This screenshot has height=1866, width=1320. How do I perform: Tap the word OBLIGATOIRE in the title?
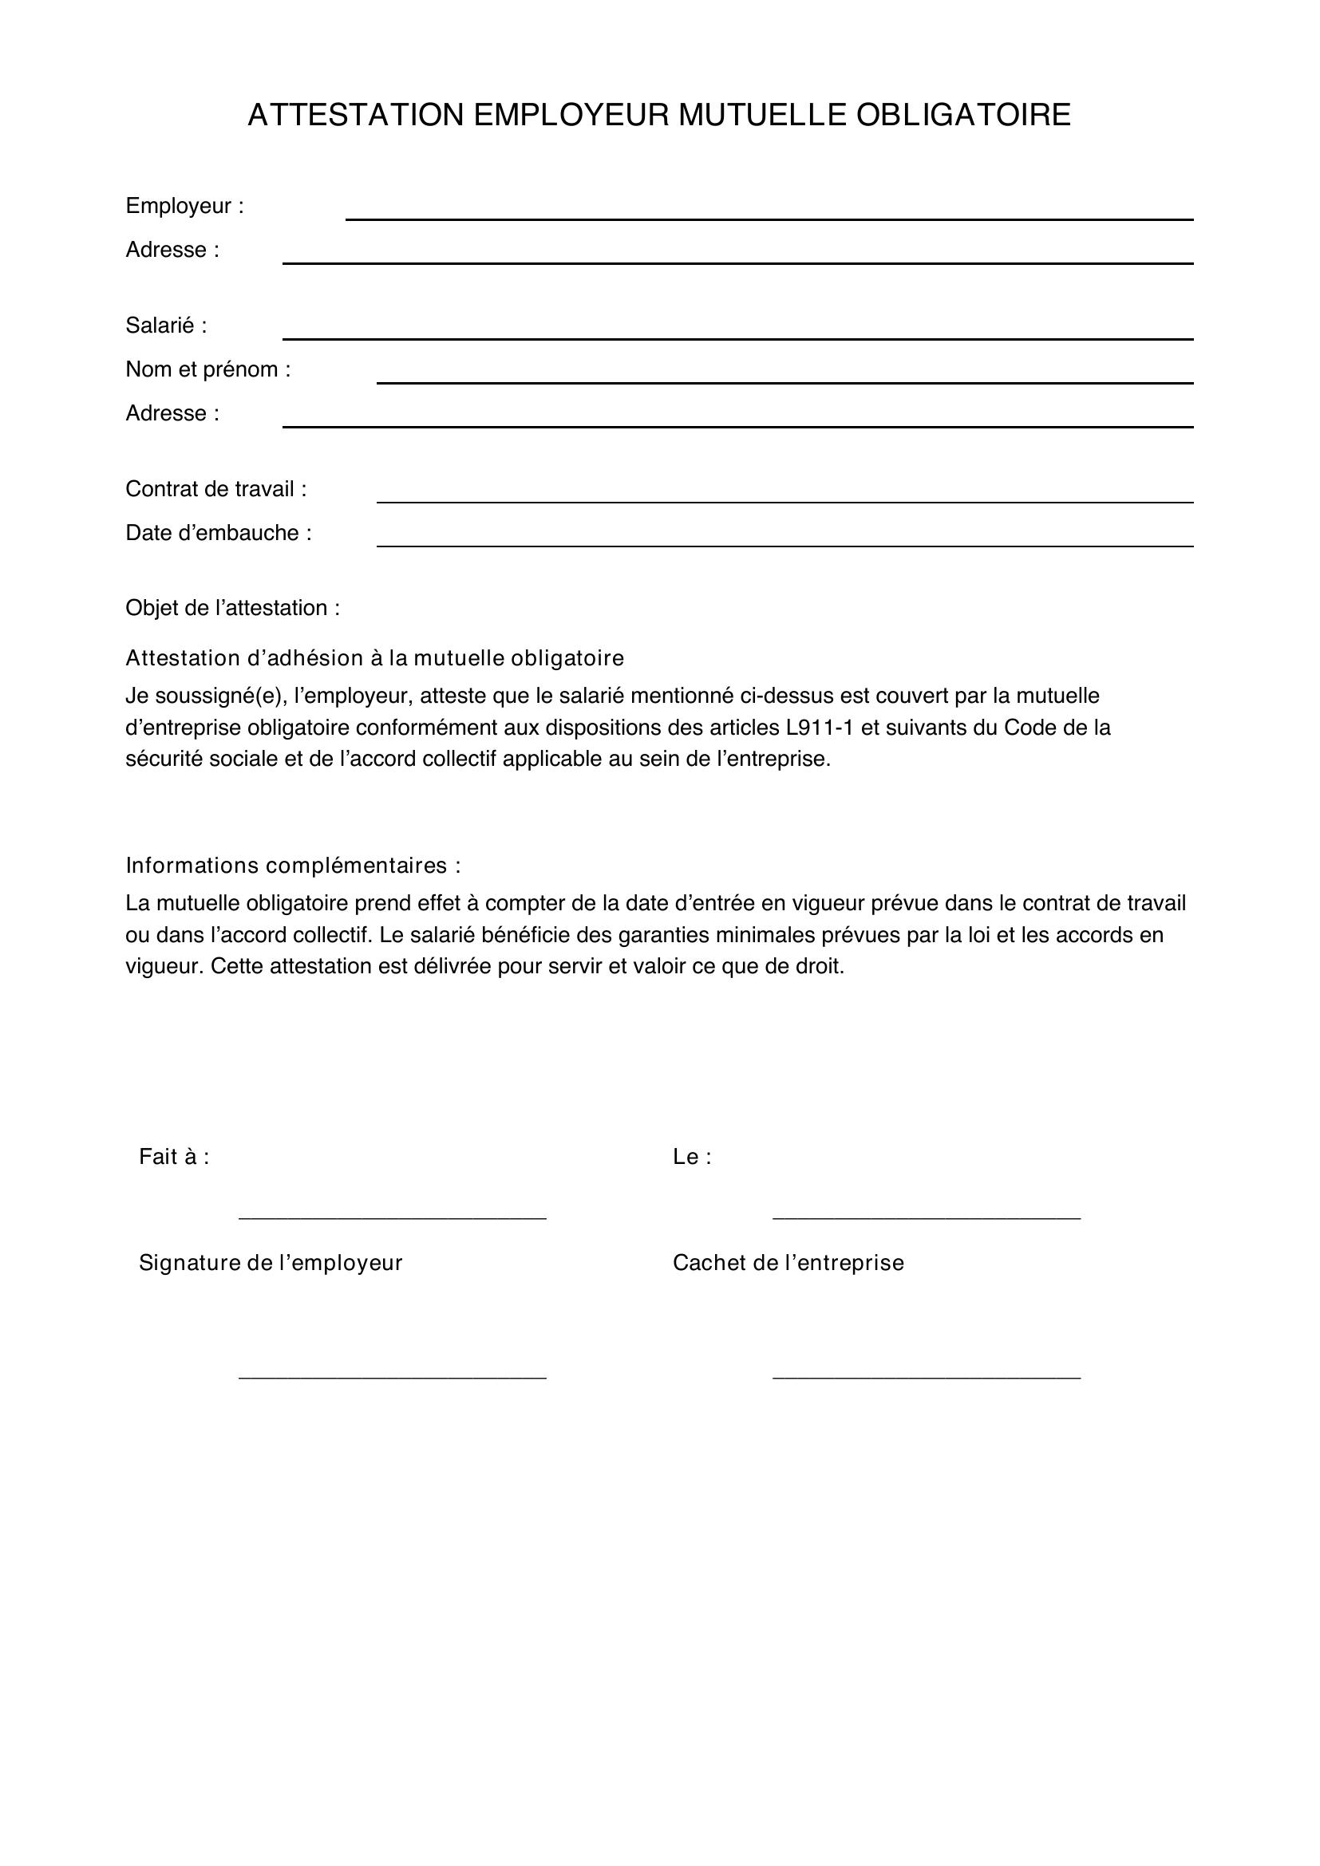coord(963,116)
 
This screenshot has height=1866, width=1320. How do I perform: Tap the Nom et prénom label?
coord(208,370)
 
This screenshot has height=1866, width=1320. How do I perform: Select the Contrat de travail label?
coord(216,489)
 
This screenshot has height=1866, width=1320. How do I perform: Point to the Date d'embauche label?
coord(219,533)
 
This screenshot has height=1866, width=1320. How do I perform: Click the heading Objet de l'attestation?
coord(232,608)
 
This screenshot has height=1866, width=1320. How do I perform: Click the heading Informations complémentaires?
coord(293,866)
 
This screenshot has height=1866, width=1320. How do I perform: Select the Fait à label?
coord(174,1158)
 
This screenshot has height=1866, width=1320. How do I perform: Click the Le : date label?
coord(692,1158)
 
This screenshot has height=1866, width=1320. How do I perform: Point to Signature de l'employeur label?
coord(271,1263)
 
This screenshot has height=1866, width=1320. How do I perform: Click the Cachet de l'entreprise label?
coord(788,1263)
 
